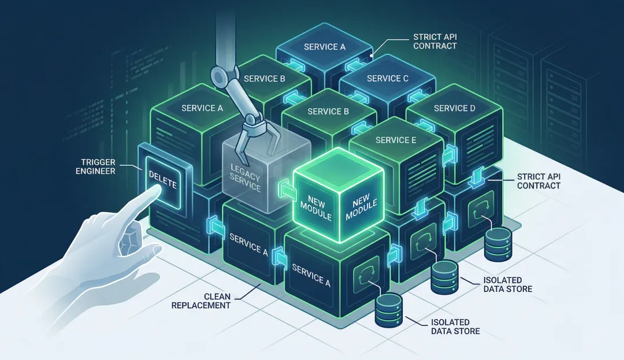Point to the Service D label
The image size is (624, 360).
pyautogui.click(x=455, y=108)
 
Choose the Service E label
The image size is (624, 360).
pyautogui.click(x=396, y=140)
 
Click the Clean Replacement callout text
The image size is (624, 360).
pyautogui.click(x=201, y=300)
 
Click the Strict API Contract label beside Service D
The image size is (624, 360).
pyautogui.click(x=538, y=180)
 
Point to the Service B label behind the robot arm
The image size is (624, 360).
pyautogui.click(x=265, y=79)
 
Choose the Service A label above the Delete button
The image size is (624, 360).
pyautogui.click(x=202, y=108)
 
